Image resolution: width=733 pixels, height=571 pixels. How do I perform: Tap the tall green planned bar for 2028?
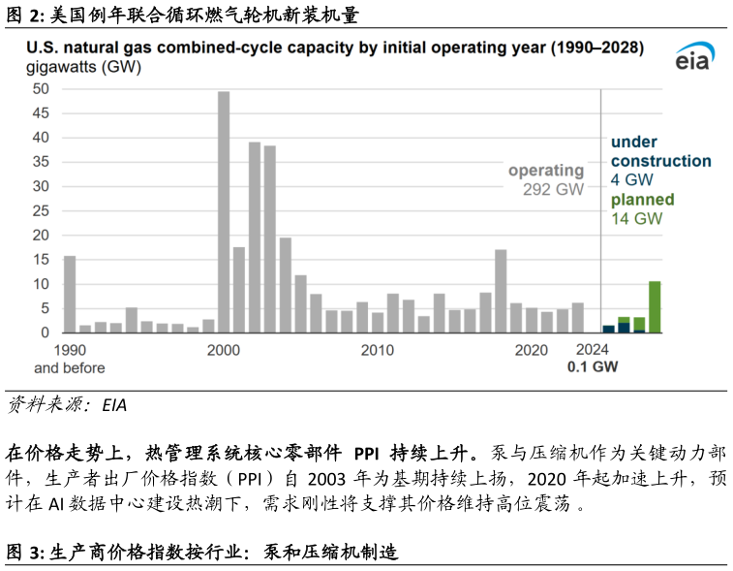click(655, 306)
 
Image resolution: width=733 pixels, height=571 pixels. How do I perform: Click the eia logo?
click(693, 58)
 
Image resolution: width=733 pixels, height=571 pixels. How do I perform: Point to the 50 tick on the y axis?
click(42, 88)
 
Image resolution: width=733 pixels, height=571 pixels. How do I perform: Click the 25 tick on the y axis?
click(42, 210)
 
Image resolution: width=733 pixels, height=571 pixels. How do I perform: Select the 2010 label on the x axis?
click(377, 350)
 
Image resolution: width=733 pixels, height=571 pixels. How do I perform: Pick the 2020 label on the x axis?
click(531, 350)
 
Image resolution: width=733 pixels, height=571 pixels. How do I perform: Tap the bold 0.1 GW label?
click(593, 368)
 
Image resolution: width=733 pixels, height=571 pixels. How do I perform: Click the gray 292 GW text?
click(555, 190)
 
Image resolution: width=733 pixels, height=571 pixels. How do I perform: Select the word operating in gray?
click(546, 171)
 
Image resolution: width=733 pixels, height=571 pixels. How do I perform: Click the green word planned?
click(642, 200)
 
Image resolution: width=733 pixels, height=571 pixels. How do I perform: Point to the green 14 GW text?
click(636, 219)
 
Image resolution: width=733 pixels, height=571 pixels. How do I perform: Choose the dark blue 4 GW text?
click(631, 180)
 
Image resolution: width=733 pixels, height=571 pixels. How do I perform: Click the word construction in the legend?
click(660, 161)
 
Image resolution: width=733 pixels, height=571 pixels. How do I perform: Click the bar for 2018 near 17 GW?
click(501, 291)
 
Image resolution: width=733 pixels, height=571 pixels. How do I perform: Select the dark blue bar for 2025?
click(608, 329)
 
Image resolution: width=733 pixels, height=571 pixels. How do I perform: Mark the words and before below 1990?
click(70, 368)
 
